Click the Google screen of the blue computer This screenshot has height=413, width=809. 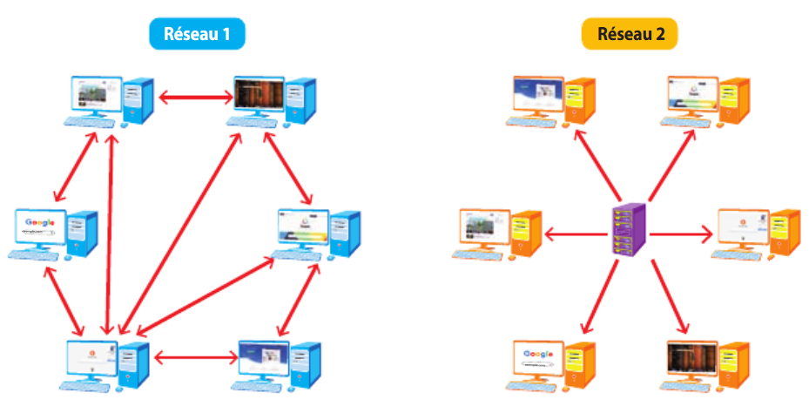click(40, 228)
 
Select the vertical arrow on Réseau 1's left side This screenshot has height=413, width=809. click(110, 231)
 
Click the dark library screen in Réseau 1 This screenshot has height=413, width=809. click(259, 94)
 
